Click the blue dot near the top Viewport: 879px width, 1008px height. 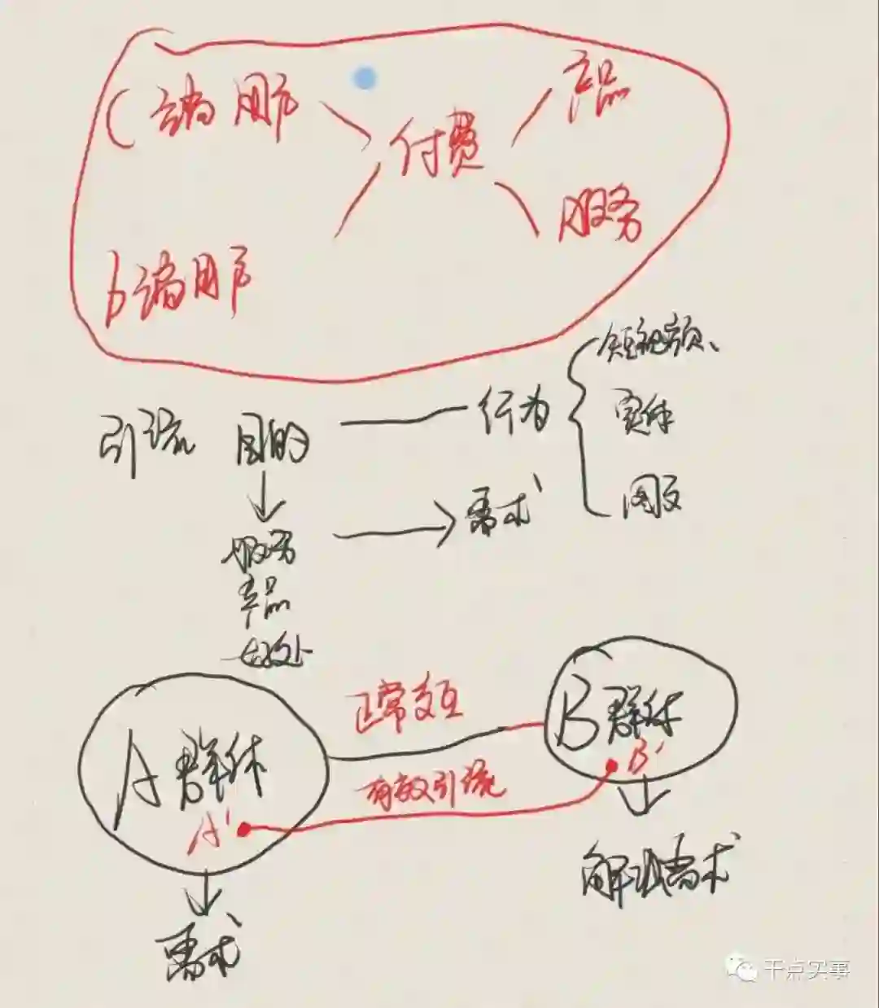365,78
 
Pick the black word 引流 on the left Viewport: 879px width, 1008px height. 147,440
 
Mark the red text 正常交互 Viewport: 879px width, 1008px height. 402,708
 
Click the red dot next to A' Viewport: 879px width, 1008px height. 243,828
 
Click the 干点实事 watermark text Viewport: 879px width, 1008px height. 806,969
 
